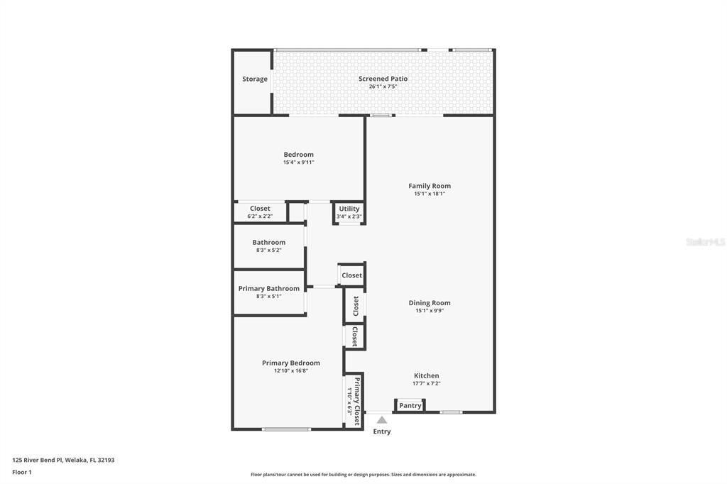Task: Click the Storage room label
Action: [255, 79]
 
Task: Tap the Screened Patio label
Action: [383, 79]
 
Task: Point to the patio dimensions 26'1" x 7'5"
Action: [383, 87]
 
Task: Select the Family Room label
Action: [430, 186]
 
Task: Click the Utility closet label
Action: [349, 209]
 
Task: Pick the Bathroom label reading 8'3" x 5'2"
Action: [269, 242]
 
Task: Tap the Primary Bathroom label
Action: [269, 288]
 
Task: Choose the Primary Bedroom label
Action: [291, 363]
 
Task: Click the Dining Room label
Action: [430, 303]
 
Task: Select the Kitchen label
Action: [427, 375]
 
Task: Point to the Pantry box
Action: [410, 405]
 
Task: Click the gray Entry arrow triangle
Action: [382, 420]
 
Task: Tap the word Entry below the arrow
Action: [382, 431]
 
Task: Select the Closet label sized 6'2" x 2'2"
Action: [260, 209]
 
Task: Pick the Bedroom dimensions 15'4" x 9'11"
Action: [298, 163]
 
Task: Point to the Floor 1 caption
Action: [23, 472]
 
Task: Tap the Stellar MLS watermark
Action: [706, 242]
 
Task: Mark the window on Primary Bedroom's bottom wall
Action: [286, 429]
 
